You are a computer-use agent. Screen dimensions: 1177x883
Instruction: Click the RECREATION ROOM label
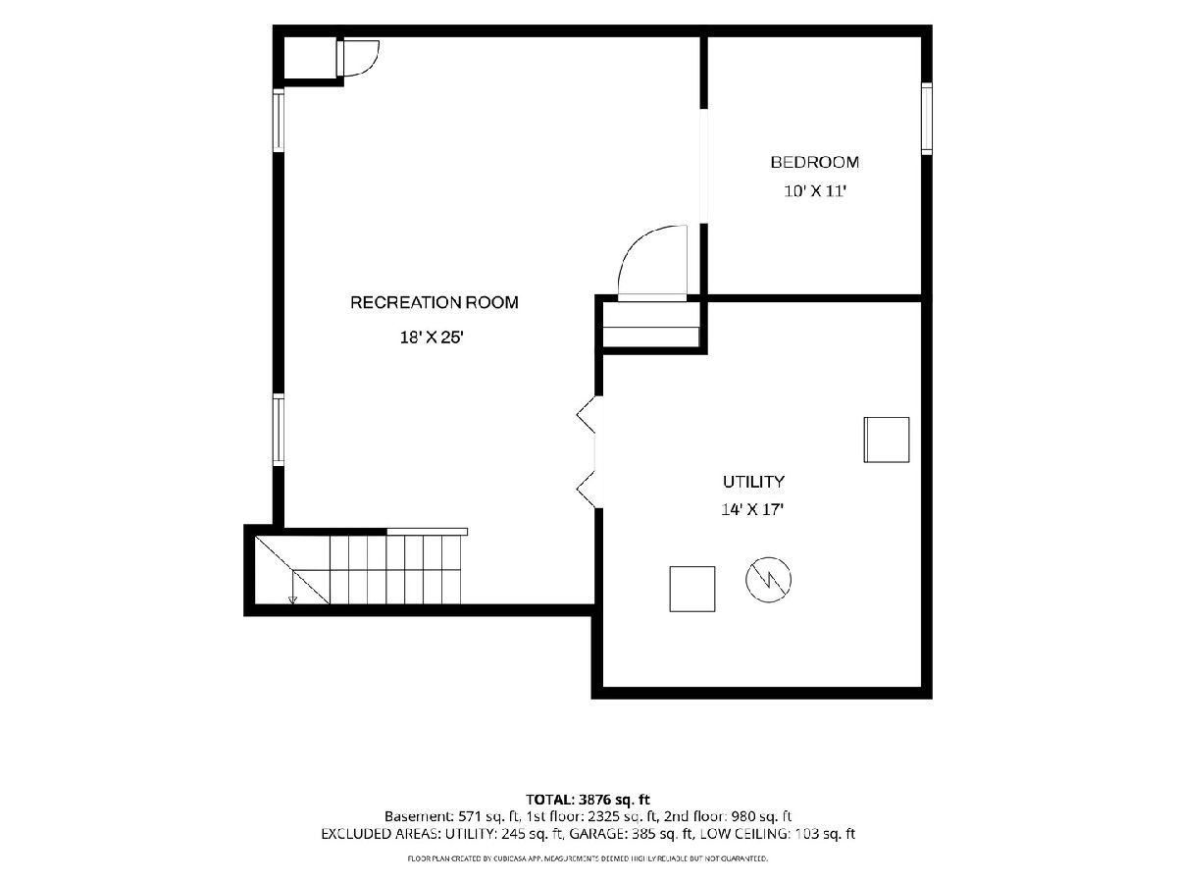click(x=435, y=302)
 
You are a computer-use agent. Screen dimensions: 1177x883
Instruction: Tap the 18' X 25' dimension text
click(x=432, y=338)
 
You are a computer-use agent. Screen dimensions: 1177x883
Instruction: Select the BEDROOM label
click(x=814, y=162)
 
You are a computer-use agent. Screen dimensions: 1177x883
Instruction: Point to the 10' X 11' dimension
click(x=814, y=191)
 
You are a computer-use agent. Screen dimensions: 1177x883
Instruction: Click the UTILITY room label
click(x=753, y=482)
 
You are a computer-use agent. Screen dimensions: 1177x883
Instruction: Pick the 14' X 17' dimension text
click(x=752, y=509)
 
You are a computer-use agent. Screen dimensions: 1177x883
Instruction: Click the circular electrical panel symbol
click(x=768, y=580)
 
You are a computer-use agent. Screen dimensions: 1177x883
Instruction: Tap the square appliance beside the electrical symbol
click(x=692, y=589)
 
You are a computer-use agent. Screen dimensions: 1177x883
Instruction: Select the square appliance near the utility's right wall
click(x=887, y=440)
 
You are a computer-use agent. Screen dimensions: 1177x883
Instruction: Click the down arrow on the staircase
click(x=292, y=588)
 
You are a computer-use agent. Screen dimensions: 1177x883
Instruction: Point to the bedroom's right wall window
click(x=927, y=119)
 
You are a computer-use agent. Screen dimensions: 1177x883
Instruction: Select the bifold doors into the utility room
click(x=588, y=451)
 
